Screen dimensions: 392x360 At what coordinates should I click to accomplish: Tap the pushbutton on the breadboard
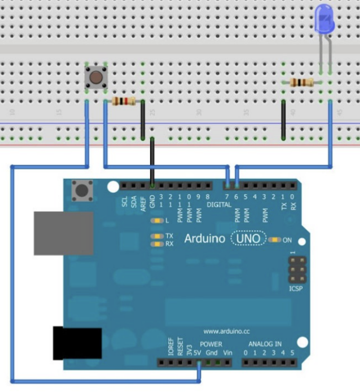point(96,77)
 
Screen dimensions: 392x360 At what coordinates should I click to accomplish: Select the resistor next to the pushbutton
point(124,102)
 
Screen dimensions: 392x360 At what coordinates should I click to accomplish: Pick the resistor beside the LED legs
point(302,83)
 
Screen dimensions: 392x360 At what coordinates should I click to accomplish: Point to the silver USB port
point(63,233)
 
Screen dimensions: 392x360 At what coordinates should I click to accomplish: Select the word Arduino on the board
point(204,240)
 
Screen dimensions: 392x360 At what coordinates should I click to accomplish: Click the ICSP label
point(296,288)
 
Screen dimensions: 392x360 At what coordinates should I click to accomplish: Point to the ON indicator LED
point(276,240)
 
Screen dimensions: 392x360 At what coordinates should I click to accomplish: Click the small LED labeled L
point(157,221)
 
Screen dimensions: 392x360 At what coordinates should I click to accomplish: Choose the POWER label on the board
point(211,344)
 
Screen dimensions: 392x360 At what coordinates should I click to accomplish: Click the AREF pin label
point(143,202)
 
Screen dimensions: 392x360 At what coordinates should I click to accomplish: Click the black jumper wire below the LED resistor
point(284,120)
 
